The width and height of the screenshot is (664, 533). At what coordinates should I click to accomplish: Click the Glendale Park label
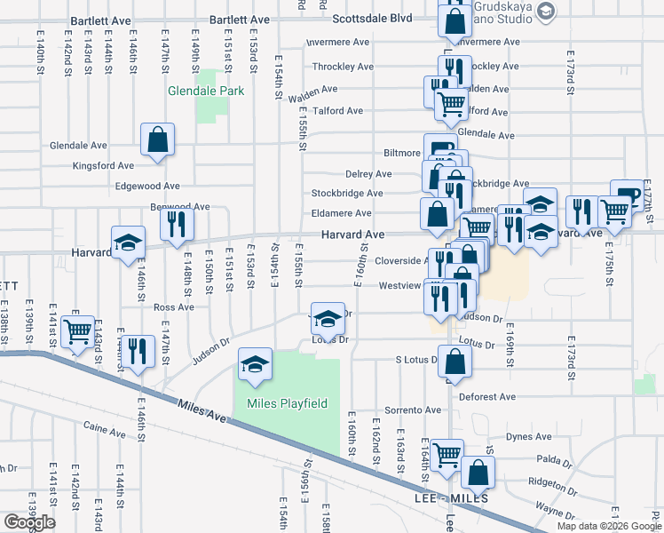(201, 91)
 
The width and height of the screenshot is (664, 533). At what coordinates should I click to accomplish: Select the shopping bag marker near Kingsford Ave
(157, 139)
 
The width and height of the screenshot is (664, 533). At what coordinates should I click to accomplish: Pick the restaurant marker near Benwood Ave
(177, 225)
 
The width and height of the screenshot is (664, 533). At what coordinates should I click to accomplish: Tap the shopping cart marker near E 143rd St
(78, 331)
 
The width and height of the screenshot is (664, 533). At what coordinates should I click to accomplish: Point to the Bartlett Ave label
(240, 19)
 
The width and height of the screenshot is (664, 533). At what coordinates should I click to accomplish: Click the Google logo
(29, 522)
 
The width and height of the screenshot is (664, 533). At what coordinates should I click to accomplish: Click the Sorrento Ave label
(413, 410)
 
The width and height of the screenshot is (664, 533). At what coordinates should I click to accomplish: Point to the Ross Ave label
(173, 307)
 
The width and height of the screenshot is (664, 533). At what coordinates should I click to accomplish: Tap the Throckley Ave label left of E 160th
(343, 67)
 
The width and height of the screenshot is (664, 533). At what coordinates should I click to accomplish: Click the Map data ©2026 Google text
(608, 526)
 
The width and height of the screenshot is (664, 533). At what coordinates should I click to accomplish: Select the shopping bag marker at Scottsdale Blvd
(455, 21)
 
